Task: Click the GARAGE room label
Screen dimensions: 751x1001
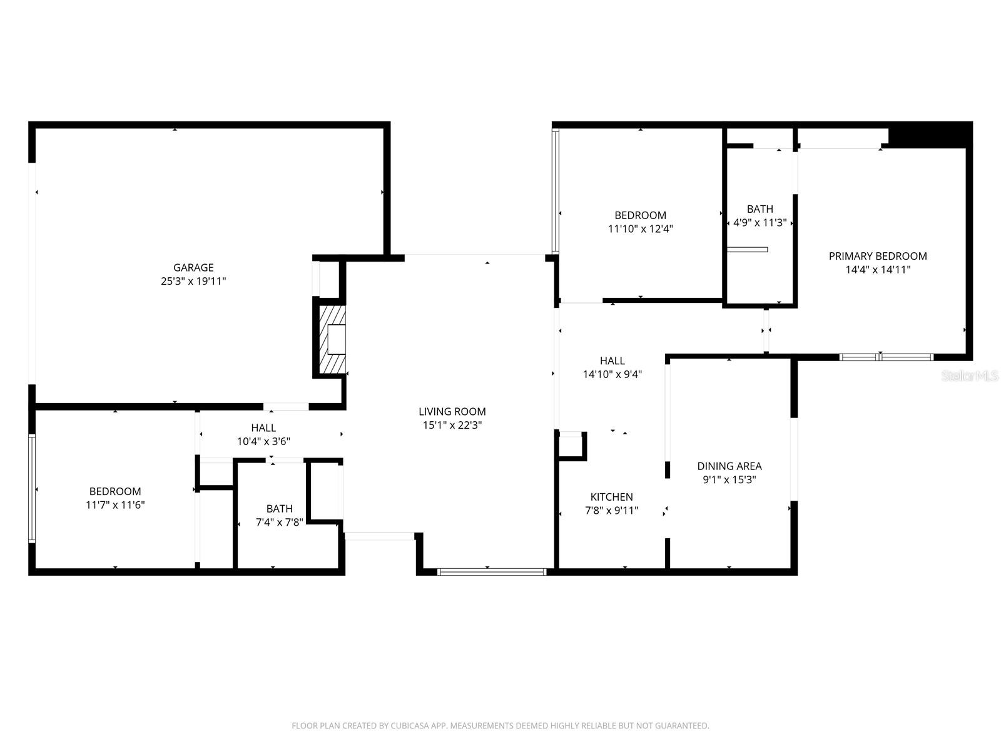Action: point(193,267)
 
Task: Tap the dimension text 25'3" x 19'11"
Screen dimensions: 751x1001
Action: point(193,282)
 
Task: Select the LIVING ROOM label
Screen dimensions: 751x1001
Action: point(452,411)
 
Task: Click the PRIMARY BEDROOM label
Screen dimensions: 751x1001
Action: point(877,256)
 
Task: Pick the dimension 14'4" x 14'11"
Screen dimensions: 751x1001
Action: point(877,270)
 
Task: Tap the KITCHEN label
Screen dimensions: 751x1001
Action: point(611,497)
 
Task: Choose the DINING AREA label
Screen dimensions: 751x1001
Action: point(729,466)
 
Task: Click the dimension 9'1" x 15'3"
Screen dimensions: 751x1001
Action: point(729,480)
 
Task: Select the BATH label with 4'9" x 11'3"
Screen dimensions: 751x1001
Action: point(760,209)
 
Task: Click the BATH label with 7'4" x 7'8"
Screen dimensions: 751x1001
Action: point(279,509)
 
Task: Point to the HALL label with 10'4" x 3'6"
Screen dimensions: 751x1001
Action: point(263,428)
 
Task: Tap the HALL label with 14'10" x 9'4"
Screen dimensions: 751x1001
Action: point(612,361)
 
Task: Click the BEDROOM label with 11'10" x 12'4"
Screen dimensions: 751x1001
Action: point(640,215)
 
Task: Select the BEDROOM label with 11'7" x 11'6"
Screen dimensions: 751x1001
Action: point(115,492)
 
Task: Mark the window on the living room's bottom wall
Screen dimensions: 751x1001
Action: point(492,571)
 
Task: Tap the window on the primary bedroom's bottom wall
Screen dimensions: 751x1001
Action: point(886,357)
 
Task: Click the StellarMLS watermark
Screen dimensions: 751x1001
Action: point(970,376)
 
